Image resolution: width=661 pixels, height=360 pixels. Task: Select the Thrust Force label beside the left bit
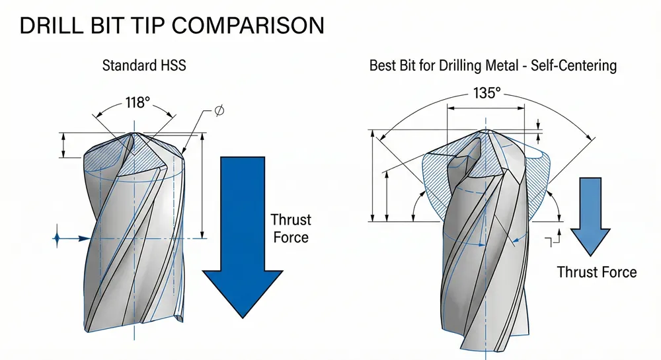[x=291, y=228]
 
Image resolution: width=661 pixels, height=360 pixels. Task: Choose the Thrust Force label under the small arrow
[x=597, y=271]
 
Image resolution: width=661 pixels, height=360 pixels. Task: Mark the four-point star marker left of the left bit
[x=58, y=236]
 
